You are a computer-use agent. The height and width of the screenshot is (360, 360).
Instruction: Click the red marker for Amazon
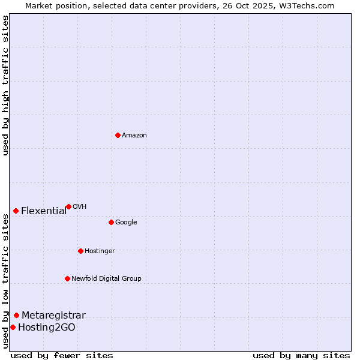point(118,135)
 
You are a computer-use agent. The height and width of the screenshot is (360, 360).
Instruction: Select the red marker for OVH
point(68,206)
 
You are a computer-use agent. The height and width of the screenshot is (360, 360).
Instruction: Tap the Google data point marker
point(111,222)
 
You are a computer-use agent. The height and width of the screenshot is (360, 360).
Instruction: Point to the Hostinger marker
point(80,251)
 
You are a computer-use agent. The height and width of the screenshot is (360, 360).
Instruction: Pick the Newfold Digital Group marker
point(67,278)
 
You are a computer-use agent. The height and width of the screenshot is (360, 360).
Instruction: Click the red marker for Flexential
point(16,211)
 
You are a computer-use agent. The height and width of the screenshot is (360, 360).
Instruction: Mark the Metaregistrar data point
point(16,315)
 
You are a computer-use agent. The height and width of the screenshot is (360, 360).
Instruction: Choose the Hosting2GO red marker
point(13,327)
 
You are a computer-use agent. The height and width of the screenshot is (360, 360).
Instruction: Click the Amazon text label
point(134,136)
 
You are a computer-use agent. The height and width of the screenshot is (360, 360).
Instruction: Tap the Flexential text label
point(44,211)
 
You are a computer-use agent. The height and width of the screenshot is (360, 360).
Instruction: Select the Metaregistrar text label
point(53,316)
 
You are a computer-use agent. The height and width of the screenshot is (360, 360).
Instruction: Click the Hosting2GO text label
point(47,328)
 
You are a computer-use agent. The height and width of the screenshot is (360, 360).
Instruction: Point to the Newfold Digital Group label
point(106,279)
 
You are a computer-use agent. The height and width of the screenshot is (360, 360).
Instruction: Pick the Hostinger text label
point(100,251)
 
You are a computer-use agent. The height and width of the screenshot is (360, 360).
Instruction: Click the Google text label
point(126,223)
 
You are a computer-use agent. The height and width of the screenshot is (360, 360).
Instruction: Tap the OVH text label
point(80,207)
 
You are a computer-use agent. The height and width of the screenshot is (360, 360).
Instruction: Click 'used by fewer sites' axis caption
point(62,355)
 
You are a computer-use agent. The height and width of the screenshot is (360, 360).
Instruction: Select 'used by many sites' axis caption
point(301,355)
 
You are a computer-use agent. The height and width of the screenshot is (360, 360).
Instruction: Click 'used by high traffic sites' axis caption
point(5,85)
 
